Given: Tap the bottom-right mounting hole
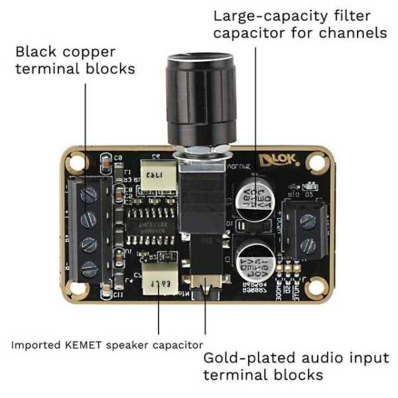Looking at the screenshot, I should click(320, 289).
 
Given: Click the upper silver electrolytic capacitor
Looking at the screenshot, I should click(255, 197).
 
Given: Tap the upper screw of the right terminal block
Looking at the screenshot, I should click(307, 222).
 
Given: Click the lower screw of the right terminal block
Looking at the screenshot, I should click(307, 246).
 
